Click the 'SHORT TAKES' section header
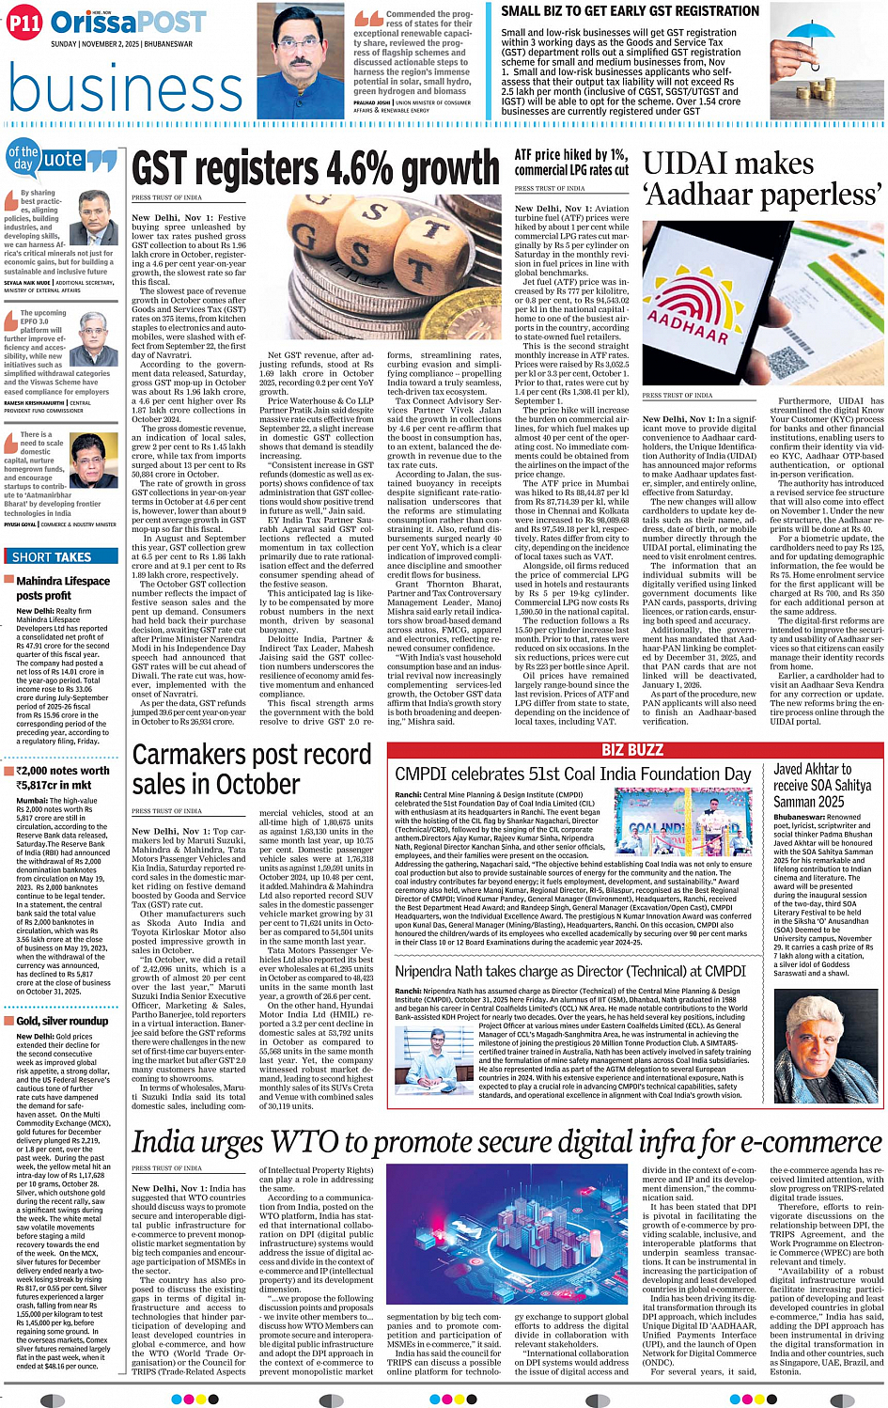tap(53, 557)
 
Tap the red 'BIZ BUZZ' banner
tap(632, 749)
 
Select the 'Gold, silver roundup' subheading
tap(62, 1021)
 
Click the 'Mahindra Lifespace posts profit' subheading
tap(62, 587)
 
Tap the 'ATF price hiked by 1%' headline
tap(571, 162)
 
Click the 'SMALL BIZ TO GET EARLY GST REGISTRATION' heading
tap(630, 11)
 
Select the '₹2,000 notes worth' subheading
tap(64, 771)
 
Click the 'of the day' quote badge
tap(23, 157)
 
